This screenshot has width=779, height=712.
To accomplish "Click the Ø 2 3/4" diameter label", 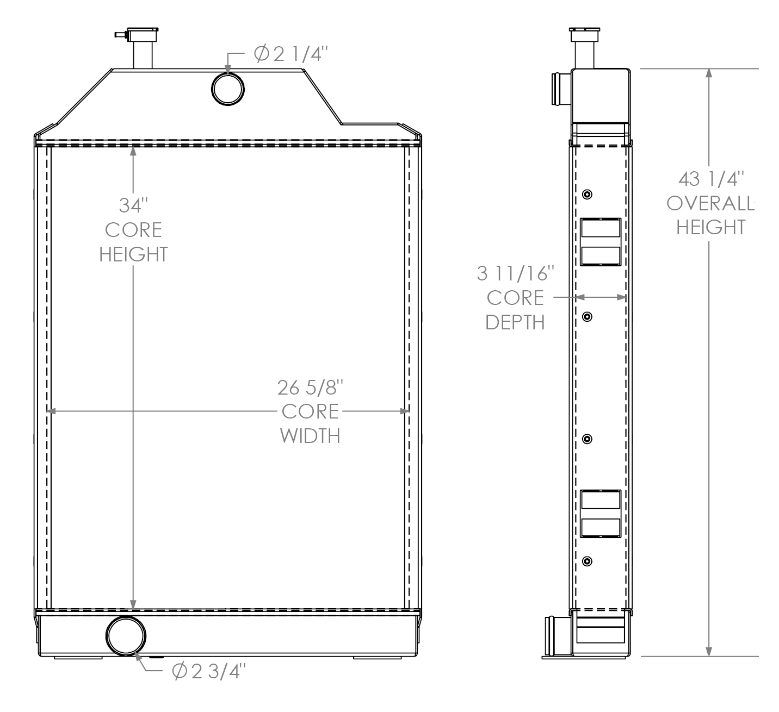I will click(x=209, y=671).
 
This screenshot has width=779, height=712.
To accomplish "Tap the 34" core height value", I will click(x=133, y=205).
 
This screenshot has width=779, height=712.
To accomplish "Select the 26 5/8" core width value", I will click(x=310, y=388).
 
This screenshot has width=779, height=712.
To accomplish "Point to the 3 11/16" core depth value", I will click(x=515, y=273).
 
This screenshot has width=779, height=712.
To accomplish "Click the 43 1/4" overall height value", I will click(x=711, y=178).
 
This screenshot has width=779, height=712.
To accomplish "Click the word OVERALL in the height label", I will click(x=710, y=203).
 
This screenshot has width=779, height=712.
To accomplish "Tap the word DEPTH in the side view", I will click(x=515, y=322).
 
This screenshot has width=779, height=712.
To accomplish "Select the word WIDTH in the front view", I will click(x=310, y=436).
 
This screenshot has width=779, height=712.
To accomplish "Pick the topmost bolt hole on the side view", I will click(x=587, y=195).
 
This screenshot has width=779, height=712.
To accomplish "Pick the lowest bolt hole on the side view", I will click(x=587, y=561).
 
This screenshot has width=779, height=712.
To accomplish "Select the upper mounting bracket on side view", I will click(x=601, y=242).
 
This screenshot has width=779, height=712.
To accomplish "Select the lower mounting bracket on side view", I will click(x=601, y=514).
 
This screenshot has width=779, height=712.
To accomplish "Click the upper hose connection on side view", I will click(x=560, y=89).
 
